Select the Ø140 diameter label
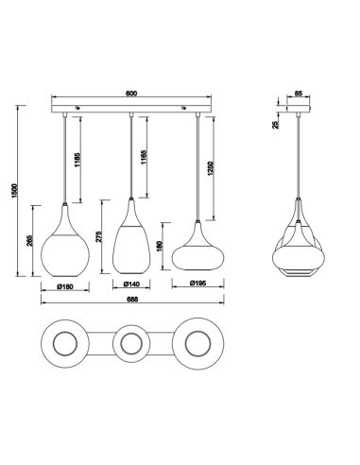132,284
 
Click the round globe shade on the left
64,239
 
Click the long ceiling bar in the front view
132,111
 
